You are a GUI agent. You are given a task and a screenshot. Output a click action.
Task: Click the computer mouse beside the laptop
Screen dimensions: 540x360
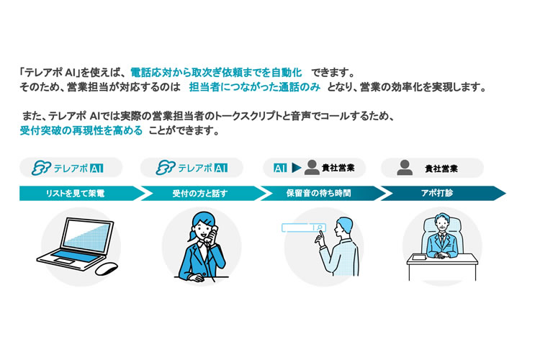pyautogui.click(x=107, y=269)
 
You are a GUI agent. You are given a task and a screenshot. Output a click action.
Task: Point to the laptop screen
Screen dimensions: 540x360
pyautogui.click(x=87, y=235)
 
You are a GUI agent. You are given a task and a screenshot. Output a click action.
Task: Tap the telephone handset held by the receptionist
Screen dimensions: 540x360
pyautogui.click(x=212, y=235)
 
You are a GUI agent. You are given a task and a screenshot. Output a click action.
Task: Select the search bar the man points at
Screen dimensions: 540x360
pyautogui.click(x=304, y=228)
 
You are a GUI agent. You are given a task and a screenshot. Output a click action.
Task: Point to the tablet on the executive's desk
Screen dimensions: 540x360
pyautogui.click(x=420, y=256)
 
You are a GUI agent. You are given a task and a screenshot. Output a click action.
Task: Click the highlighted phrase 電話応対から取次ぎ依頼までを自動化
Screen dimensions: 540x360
pyautogui.click(x=216, y=73)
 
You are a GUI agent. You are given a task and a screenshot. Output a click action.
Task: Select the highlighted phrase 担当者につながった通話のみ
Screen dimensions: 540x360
pyautogui.click(x=255, y=87)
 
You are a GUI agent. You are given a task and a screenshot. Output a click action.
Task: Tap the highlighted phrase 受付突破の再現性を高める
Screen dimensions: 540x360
pyautogui.click(x=81, y=130)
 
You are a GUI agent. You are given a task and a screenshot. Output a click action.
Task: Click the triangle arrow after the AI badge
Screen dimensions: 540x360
pyautogui.click(x=296, y=168)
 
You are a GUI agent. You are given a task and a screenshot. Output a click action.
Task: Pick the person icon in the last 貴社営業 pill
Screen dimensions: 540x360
pyautogui.click(x=405, y=168)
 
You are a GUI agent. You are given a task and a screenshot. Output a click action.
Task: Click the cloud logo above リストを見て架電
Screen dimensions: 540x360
pyautogui.click(x=41, y=168)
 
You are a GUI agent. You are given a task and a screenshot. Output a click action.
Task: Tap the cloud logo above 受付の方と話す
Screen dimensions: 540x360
pyautogui.click(x=166, y=168)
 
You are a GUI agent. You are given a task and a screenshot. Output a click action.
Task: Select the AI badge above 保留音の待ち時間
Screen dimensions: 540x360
pyautogui.click(x=280, y=168)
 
